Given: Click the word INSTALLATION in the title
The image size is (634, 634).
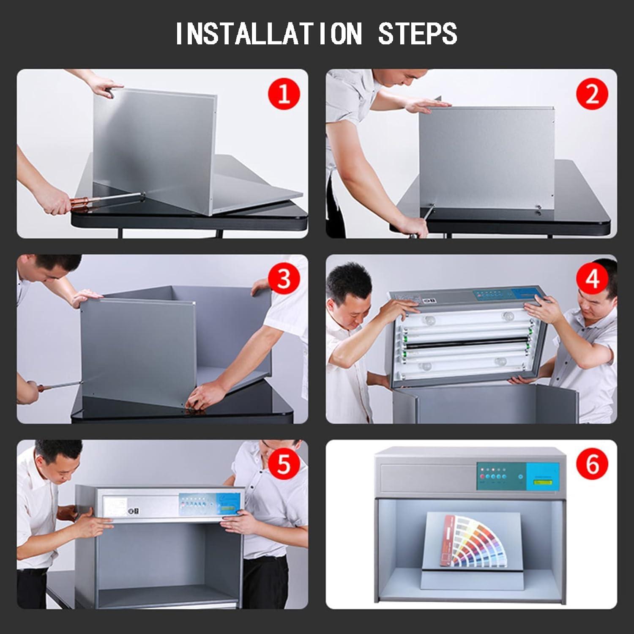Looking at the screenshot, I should coord(269,33).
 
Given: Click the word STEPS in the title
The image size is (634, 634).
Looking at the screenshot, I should coord(418,33).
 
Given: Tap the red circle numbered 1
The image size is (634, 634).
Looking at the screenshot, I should coord(284,94).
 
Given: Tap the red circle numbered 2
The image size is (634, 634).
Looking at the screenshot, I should coord(592,94).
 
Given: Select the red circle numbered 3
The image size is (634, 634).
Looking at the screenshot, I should coord(284,279).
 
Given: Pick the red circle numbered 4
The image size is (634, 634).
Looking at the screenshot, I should coord(592,279).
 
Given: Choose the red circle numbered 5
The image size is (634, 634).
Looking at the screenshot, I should coord(284,464).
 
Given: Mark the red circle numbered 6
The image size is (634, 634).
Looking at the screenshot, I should coord(592,464).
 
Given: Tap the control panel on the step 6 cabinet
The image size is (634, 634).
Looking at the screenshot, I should coord(518,476).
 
